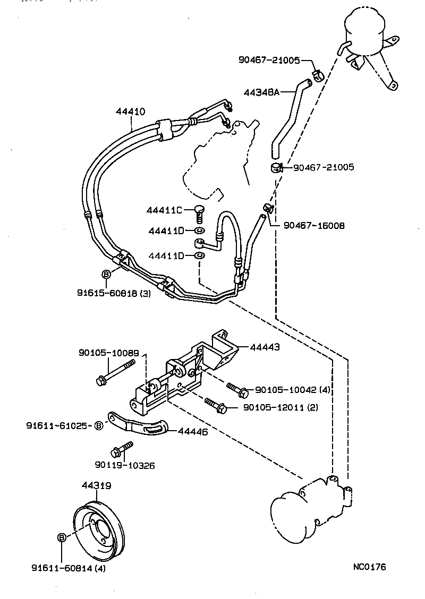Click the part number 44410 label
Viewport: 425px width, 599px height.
point(130,112)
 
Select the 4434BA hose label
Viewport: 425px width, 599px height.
point(261,92)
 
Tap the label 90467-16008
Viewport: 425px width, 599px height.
point(313,226)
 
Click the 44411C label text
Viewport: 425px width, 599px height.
point(164,211)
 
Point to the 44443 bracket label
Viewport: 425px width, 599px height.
point(265,347)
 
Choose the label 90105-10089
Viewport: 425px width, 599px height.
point(108,353)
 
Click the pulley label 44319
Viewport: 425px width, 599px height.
point(96,485)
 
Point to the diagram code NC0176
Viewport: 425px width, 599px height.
point(369,567)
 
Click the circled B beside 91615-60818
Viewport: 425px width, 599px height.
point(106,274)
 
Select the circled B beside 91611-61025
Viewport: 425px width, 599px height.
point(99,426)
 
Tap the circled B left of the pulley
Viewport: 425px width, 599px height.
point(61,537)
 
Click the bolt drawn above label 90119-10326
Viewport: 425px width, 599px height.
point(121,449)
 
